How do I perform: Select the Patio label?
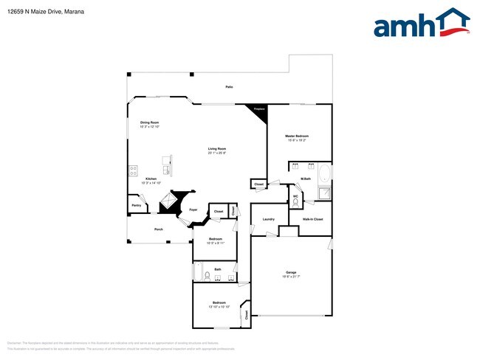229,87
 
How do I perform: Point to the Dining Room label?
150,122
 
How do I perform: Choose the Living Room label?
216,149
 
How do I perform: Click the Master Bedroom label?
297,136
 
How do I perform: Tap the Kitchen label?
151,179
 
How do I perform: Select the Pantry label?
136,205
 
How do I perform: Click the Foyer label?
193,211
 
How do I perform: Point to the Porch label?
158,229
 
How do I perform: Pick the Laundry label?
268,219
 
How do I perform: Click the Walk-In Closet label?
312,219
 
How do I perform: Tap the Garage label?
291,273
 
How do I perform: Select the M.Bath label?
304,179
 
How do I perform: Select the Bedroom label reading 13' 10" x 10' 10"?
219,303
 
